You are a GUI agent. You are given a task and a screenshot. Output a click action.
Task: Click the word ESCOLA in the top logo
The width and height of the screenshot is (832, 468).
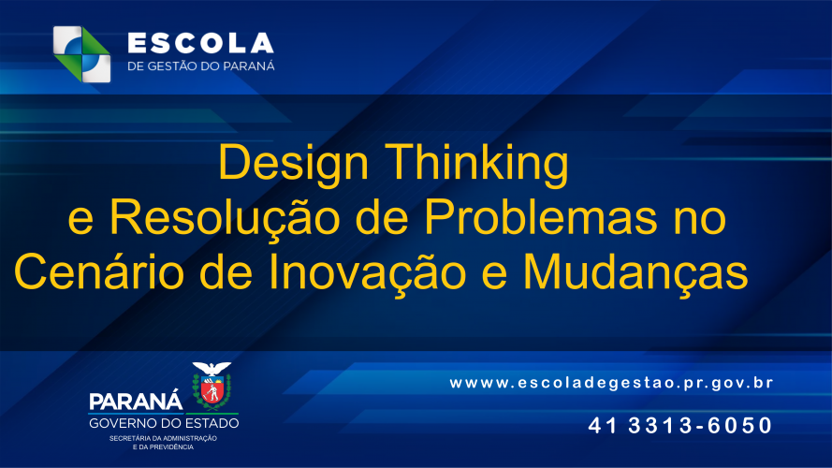pyautogui.click(x=199, y=43)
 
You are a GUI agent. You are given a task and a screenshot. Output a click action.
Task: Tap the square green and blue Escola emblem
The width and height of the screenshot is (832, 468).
pyautogui.click(x=81, y=53)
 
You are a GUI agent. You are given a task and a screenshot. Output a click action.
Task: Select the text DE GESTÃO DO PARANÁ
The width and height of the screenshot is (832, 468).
pyautogui.click(x=200, y=66)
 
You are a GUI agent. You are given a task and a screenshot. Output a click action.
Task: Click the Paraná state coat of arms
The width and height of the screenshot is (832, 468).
pyautogui.click(x=212, y=388)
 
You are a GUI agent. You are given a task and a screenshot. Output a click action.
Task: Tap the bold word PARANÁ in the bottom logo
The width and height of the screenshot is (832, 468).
pyautogui.click(x=136, y=402)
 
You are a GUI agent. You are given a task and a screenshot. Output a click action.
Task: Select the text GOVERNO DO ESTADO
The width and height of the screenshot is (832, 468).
pyautogui.click(x=164, y=424)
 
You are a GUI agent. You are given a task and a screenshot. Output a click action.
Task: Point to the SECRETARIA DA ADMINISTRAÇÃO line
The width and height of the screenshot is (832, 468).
pyautogui.click(x=163, y=438)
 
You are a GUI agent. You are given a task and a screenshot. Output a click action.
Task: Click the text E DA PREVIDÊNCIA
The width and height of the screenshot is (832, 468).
pyautogui.click(x=163, y=447)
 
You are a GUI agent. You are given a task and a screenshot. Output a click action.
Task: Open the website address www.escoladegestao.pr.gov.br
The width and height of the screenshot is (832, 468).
pyautogui.click(x=611, y=383)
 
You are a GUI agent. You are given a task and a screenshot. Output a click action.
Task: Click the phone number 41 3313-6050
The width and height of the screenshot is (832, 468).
pyautogui.click(x=680, y=426)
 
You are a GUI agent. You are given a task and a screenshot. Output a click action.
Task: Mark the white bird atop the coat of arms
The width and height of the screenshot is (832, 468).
pyautogui.click(x=212, y=368)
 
